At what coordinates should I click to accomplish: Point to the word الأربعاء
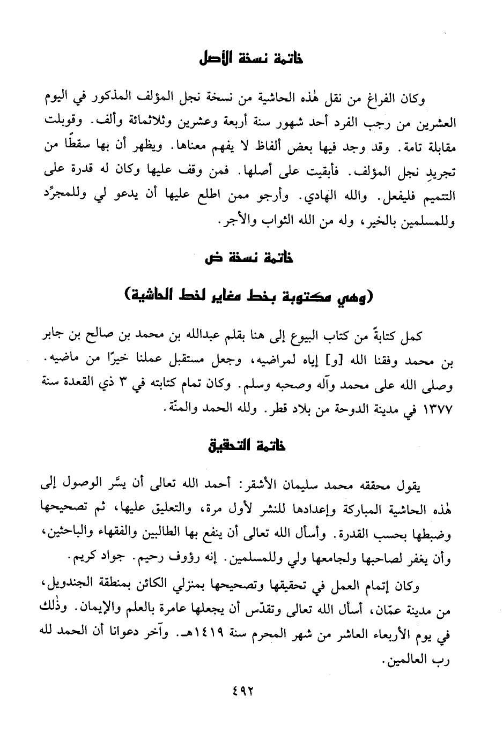tap(385, 637)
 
